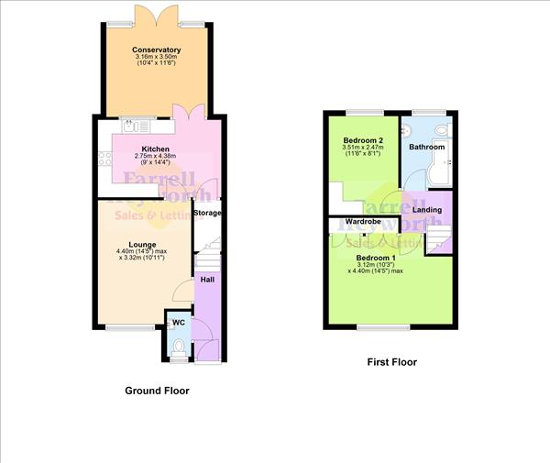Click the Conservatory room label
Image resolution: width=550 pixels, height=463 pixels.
click(x=156, y=50)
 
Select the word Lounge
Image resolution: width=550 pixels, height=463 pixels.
click(x=141, y=245)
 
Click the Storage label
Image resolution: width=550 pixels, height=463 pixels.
click(x=207, y=213)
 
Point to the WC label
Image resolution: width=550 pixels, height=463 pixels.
click(x=179, y=323)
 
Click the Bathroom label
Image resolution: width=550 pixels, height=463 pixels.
click(x=426, y=147)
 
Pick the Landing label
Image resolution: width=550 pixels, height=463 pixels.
click(x=426, y=210)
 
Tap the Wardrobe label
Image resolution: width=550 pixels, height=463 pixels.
click(x=363, y=222)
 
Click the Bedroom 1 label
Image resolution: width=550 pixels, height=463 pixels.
click(x=376, y=259)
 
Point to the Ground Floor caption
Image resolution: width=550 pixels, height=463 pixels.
click(x=157, y=390)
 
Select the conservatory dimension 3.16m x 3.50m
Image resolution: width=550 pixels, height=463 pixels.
click(x=156, y=59)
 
